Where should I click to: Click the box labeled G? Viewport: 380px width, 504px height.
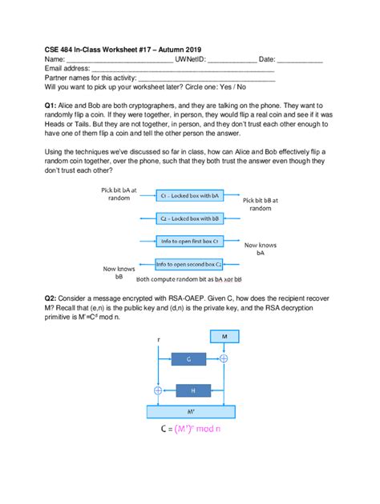188,360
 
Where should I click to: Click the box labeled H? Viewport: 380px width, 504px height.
192,390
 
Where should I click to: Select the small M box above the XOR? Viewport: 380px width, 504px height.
224,338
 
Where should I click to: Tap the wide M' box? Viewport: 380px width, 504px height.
190,412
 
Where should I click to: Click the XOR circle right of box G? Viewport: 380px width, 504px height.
224,360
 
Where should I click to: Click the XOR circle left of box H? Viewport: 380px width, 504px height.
158,390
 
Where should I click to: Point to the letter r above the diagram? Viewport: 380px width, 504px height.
158,340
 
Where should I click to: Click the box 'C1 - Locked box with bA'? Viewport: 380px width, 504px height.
189,195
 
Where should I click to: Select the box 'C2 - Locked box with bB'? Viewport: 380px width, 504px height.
189,218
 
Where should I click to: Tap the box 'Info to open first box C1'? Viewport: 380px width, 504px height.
189,240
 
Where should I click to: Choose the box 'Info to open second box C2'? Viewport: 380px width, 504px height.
189,262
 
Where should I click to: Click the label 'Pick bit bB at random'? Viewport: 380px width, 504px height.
260,204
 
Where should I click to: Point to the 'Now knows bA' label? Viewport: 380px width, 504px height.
260,250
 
